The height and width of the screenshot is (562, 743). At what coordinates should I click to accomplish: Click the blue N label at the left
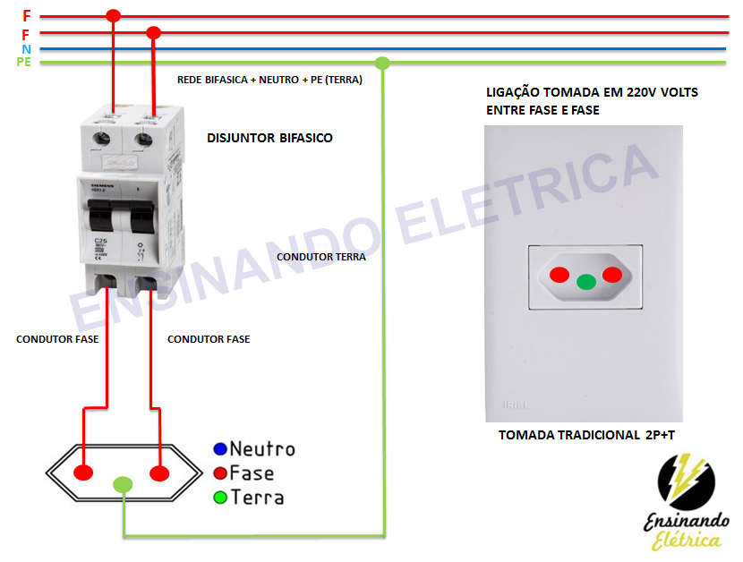[27, 48]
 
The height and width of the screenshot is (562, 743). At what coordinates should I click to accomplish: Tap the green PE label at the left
[24, 63]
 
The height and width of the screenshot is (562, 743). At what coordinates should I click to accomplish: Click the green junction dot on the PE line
[382, 64]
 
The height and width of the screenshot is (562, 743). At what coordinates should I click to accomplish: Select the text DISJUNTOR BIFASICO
[269, 138]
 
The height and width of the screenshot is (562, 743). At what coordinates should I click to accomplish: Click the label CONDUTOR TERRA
[321, 257]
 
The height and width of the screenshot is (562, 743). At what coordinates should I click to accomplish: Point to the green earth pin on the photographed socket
[586, 282]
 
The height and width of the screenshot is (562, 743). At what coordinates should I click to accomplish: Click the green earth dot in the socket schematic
[123, 485]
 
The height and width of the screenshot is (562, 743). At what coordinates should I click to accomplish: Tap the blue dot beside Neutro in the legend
[219, 448]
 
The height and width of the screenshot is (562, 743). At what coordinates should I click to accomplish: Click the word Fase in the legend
[252, 473]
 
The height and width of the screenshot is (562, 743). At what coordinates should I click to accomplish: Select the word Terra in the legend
[256, 497]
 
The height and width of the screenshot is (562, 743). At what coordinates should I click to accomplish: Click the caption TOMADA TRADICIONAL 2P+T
[587, 436]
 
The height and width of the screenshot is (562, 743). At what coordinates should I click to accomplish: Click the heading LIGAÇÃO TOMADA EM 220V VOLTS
[592, 92]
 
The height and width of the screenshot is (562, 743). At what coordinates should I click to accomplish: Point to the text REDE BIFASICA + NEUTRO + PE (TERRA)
[269, 80]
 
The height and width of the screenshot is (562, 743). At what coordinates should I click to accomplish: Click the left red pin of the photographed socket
[559, 275]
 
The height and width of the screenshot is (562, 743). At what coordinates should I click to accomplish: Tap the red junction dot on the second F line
[153, 33]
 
